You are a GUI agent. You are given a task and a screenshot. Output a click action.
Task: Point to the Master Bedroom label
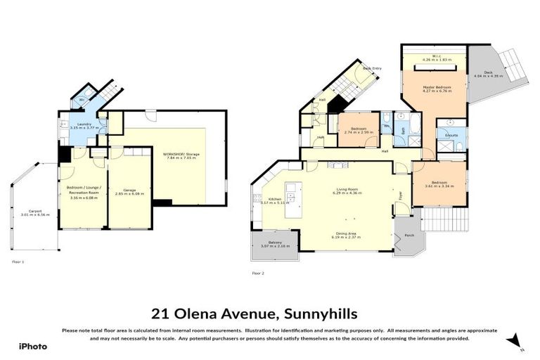click(x=436, y=86)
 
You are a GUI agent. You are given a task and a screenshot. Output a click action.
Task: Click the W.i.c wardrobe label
click(x=435, y=57)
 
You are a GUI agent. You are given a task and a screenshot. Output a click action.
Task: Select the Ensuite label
click(x=450, y=134)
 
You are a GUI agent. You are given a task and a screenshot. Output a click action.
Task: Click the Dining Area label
click(x=347, y=236)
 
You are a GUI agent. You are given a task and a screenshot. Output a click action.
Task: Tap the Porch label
click(x=409, y=236)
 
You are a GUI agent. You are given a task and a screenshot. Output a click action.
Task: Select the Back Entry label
click(x=372, y=68)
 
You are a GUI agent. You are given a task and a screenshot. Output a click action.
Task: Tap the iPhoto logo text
click(x=32, y=346)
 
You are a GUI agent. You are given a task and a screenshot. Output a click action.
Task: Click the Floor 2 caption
click(x=259, y=272)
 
